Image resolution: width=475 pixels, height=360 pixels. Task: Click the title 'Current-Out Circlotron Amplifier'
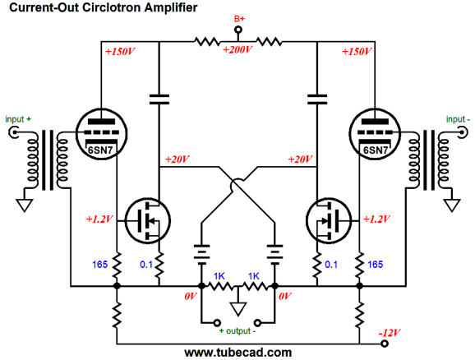point(103,8)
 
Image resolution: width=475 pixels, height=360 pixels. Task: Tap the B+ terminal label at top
point(239,18)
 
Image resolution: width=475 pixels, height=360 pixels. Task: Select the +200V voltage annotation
point(238,49)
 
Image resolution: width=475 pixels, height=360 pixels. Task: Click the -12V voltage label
point(390,333)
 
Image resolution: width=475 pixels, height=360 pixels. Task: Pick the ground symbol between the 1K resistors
point(237,309)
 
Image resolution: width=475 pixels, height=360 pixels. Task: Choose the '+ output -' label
point(238,331)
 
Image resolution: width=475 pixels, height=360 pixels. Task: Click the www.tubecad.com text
point(237,352)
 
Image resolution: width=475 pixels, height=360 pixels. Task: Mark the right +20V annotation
point(300,159)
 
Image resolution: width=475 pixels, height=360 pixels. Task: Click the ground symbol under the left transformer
point(25,200)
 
